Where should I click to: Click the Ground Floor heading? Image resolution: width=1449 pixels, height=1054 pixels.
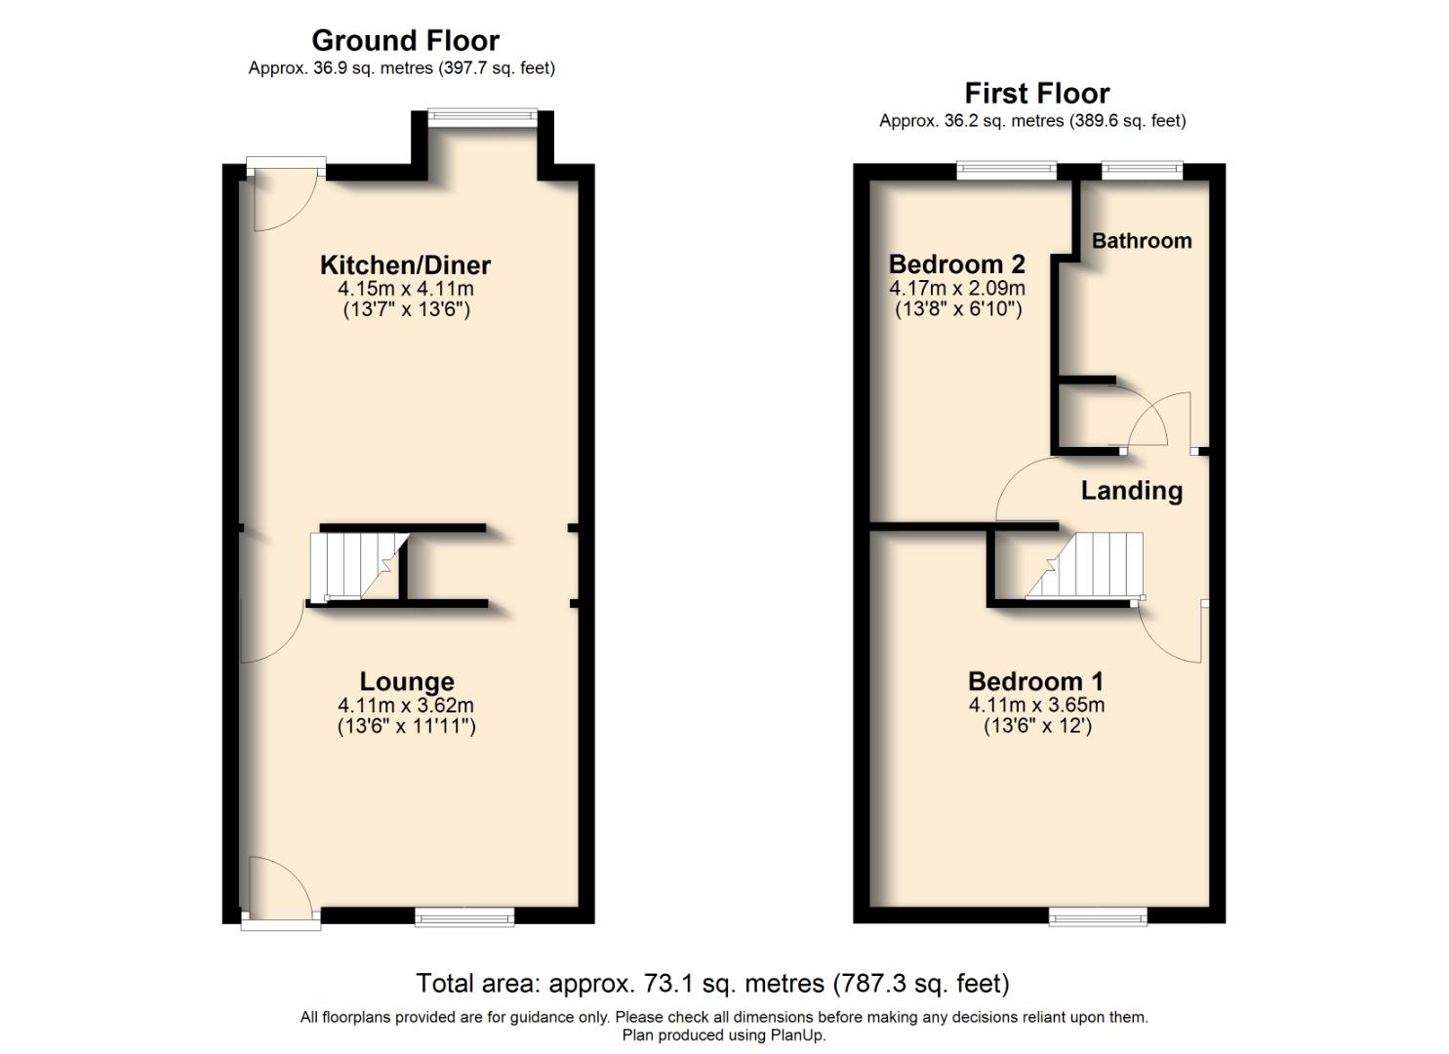[405, 41]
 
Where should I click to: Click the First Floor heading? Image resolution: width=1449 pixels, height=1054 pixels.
[1036, 94]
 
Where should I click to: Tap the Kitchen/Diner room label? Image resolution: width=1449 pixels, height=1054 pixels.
[405, 264]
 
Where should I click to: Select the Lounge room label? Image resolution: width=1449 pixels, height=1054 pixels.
[406, 681]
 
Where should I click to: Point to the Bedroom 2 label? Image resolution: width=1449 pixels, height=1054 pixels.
[956, 264]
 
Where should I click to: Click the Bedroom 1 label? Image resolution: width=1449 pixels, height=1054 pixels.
[1035, 681]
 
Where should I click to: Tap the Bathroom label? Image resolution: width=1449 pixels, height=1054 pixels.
[1141, 241]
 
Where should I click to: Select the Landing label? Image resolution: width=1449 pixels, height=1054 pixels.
[1131, 490]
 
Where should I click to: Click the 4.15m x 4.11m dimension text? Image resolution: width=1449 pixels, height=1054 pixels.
[405, 289]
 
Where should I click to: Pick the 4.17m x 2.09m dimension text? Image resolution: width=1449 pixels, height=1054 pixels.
[956, 289]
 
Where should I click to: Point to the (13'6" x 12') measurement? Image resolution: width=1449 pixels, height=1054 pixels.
[1036, 726]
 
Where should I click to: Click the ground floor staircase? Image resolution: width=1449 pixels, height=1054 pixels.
[357, 566]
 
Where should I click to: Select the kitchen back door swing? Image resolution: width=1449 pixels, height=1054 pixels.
[283, 200]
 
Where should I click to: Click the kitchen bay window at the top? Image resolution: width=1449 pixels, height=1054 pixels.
[483, 117]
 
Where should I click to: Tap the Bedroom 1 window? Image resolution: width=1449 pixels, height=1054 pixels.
[1098, 915]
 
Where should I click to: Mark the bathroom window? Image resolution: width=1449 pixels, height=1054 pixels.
[1141, 171]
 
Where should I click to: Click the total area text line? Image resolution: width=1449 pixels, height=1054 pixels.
[712, 983]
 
